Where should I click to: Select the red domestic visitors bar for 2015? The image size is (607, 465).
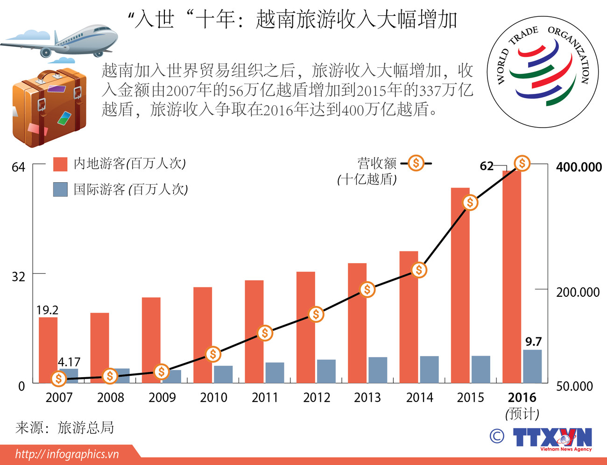(x=460, y=285)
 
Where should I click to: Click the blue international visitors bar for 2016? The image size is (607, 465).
(x=532, y=366)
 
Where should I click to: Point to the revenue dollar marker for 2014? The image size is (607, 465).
(x=419, y=270)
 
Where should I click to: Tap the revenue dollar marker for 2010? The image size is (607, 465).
(x=213, y=354)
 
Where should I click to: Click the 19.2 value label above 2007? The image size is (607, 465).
(x=47, y=310)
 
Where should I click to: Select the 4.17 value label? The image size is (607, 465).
(x=69, y=362)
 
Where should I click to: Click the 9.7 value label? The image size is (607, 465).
(x=533, y=342)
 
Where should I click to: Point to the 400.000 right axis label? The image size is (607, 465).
(x=579, y=167)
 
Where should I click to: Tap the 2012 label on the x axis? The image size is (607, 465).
(x=317, y=398)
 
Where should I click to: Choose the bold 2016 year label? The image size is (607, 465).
(x=522, y=398)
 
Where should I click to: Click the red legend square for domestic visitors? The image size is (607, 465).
(x=60, y=164)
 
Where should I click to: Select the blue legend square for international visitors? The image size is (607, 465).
(x=60, y=189)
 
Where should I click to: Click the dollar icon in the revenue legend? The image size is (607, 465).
(x=416, y=163)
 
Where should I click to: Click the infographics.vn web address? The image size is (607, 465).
(x=67, y=454)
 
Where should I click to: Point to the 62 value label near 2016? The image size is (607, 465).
(x=487, y=166)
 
